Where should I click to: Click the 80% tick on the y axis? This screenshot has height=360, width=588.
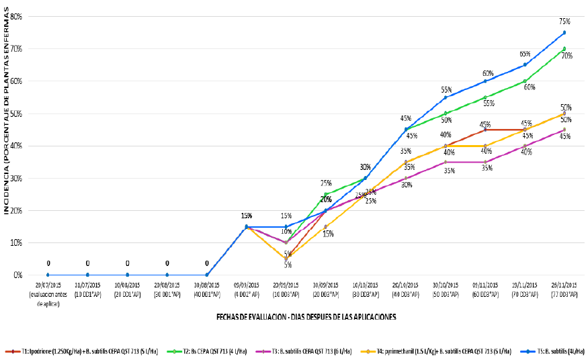[16, 16]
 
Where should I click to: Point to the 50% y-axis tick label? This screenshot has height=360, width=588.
[16, 114]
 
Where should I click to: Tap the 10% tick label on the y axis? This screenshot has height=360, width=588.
[16, 242]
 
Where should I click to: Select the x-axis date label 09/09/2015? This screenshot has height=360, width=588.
[247, 285]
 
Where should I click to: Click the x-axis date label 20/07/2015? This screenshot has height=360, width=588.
[48, 285]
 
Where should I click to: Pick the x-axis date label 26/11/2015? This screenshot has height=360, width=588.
[564, 285]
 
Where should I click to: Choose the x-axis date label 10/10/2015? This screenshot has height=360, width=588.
[366, 285]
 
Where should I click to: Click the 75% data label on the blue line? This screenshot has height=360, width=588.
[564, 21]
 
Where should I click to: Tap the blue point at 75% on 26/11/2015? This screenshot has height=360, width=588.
[564, 32]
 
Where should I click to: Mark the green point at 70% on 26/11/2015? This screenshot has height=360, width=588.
[564, 48]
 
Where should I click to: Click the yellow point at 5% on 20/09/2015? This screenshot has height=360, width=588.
[286, 259]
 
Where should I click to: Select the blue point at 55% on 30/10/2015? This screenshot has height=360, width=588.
[445, 97]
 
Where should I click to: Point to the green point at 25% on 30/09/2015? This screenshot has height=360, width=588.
[326, 194]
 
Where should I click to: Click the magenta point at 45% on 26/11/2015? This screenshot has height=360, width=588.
[564, 130]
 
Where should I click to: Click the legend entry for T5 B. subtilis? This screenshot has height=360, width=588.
[553, 351]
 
